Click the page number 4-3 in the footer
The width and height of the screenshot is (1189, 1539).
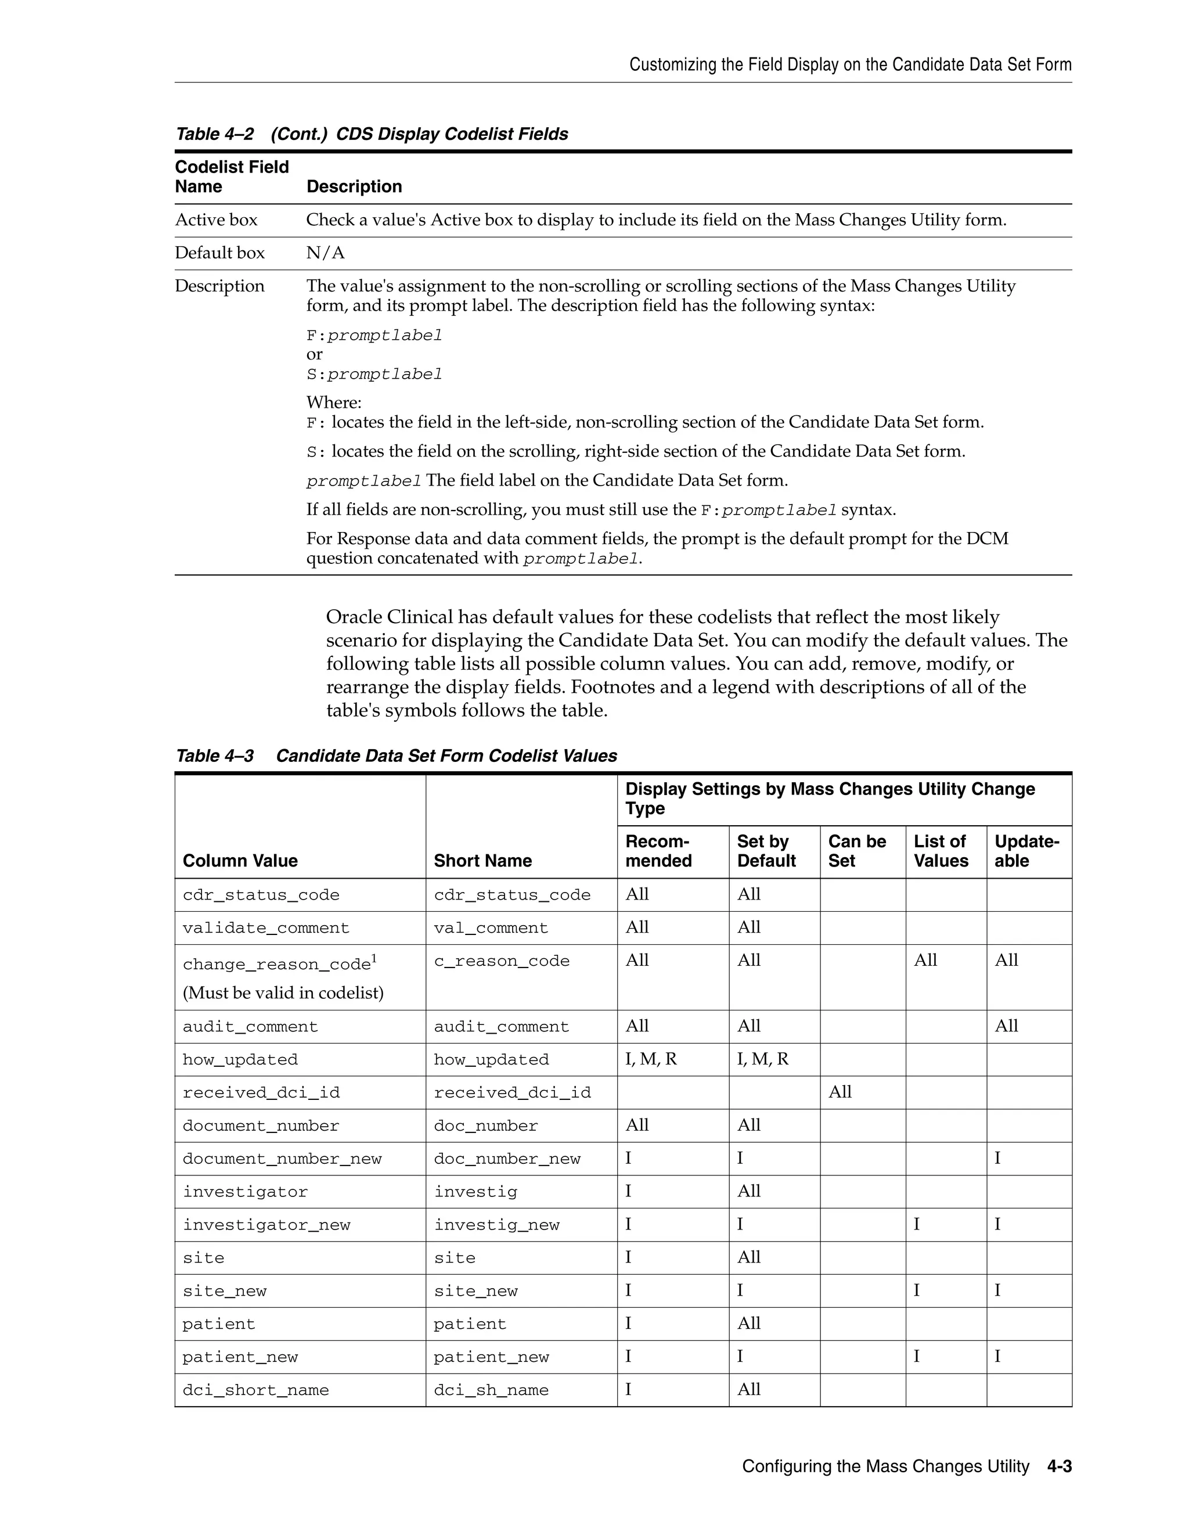(x=1059, y=1466)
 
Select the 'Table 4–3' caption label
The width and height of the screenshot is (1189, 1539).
(x=214, y=756)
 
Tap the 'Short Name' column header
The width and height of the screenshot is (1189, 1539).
(x=482, y=861)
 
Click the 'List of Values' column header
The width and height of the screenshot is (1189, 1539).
(x=941, y=851)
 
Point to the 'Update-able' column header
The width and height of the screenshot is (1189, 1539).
(x=1026, y=851)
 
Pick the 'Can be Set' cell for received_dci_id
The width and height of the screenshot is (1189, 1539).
(x=840, y=1092)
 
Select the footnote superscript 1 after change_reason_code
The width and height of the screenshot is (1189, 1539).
(x=374, y=958)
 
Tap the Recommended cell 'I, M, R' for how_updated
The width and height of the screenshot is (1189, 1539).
(x=651, y=1059)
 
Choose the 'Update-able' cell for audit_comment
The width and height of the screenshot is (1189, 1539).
(x=1006, y=1026)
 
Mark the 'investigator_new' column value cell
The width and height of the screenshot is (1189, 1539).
(x=266, y=1225)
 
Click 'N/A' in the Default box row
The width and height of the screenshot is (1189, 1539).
(x=326, y=253)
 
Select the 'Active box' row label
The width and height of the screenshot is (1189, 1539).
(x=216, y=220)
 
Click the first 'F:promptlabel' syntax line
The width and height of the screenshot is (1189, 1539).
(x=374, y=336)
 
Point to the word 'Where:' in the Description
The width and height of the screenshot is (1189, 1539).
(x=334, y=402)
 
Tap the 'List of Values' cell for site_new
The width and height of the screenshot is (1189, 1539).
(x=916, y=1290)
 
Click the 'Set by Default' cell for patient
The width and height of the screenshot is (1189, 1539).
(x=749, y=1324)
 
